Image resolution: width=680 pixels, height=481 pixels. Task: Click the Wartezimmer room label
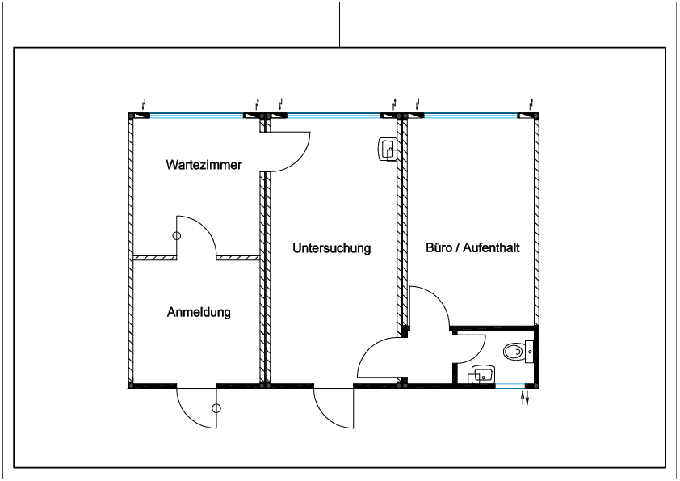pyautogui.click(x=204, y=165)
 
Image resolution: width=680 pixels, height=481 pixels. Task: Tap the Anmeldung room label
pyautogui.click(x=199, y=312)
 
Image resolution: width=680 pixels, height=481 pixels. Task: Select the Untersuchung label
pyautogui.click(x=332, y=248)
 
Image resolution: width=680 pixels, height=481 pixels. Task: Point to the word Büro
pyautogui.click(x=439, y=247)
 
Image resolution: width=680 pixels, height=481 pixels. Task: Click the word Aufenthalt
pyautogui.click(x=491, y=247)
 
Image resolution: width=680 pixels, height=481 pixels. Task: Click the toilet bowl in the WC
pyautogui.click(x=514, y=352)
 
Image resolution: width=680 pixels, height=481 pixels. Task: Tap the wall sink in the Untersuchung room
pyautogui.click(x=388, y=150)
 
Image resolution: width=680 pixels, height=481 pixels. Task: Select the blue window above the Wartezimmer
pyautogui.click(x=196, y=116)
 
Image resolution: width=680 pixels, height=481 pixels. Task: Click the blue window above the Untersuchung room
pyautogui.click(x=334, y=116)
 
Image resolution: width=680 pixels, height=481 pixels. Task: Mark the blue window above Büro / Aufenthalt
pyautogui.click(x=471, y=116)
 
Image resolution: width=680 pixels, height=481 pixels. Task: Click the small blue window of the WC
pyautogui.click(x=510, y=386)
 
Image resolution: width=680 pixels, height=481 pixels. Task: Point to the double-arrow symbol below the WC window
pyautogui.click(x=525, y=398)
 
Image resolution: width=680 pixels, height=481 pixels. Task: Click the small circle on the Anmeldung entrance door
pyautogui.click(x=216, y=408)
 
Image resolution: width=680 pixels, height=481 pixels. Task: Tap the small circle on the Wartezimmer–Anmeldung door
pyautogui.click(x=177, y=236)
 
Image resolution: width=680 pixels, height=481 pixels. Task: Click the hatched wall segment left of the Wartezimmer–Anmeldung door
pyautogui.click(x=155, y=258)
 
